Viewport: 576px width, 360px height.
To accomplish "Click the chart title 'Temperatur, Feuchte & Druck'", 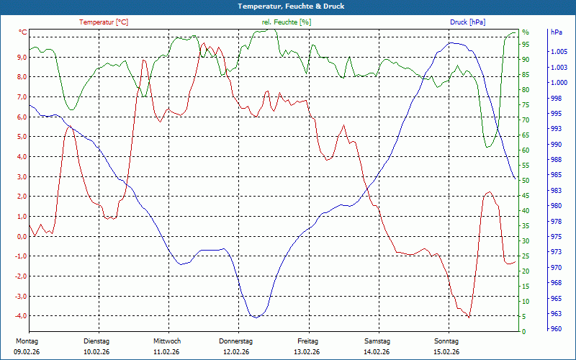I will tap(287, 6).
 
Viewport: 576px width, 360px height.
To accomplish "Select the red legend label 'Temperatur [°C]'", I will tap(104, 22).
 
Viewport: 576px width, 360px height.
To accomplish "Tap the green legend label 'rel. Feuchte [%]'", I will tap(287, 22).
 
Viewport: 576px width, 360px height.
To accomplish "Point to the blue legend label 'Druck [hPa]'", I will tap(469, 22).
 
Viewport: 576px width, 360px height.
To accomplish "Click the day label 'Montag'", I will tap(26, 341).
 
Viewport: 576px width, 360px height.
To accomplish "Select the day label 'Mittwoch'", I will tap(167, 341).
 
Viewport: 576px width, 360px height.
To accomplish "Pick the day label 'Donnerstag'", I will tap(236, 341).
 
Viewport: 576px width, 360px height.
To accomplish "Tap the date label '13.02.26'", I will tap(307, 352).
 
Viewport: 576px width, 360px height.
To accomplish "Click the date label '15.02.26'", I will tap(446, 352).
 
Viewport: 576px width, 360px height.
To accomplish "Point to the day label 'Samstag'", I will tap(377, 341).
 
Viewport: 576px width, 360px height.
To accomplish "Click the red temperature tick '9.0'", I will tap(22, 58).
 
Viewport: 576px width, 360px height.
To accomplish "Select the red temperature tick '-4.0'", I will tap(21, 316).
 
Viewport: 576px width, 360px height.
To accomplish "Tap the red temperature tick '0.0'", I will tap(22, 236).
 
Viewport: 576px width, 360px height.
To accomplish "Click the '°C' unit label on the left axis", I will tap(23, 32).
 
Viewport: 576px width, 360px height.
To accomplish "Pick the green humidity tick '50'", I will tap(526, 181).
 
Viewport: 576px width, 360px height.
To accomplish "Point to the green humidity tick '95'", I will tap(526, 45).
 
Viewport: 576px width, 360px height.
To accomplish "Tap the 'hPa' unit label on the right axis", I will tap(556, 32).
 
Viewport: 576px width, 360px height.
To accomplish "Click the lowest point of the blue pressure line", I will tap(255, 317).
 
